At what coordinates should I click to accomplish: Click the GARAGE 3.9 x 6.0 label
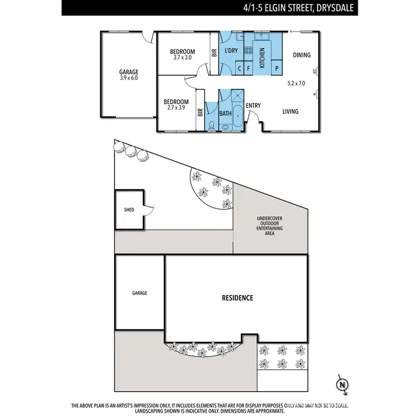(x=128, y=75)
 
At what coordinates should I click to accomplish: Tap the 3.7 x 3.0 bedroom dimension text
(x=182, y=58)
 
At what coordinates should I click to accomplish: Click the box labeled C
(x=240, y=69)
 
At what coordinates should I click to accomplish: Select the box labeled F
(x=248, y=69)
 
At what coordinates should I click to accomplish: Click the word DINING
(x=301, y=55)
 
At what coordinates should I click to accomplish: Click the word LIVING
(x=290, y=111)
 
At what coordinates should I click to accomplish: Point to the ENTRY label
(x=253, y=105)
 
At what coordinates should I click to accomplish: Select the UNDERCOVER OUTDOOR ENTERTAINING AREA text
(x=269, y=226)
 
